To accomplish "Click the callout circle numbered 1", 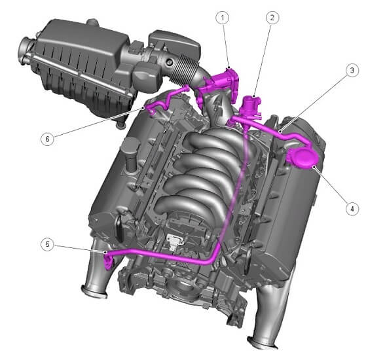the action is point(223,18).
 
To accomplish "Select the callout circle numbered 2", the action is point(272,18).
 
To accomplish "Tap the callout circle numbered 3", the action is point(352,70).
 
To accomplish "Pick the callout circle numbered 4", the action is point(352,209).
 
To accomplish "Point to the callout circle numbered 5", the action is point(47,244).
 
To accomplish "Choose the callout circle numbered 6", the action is point(47,139).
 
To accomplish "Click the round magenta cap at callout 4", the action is point(303,158).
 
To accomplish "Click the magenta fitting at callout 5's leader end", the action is point(108,262).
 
